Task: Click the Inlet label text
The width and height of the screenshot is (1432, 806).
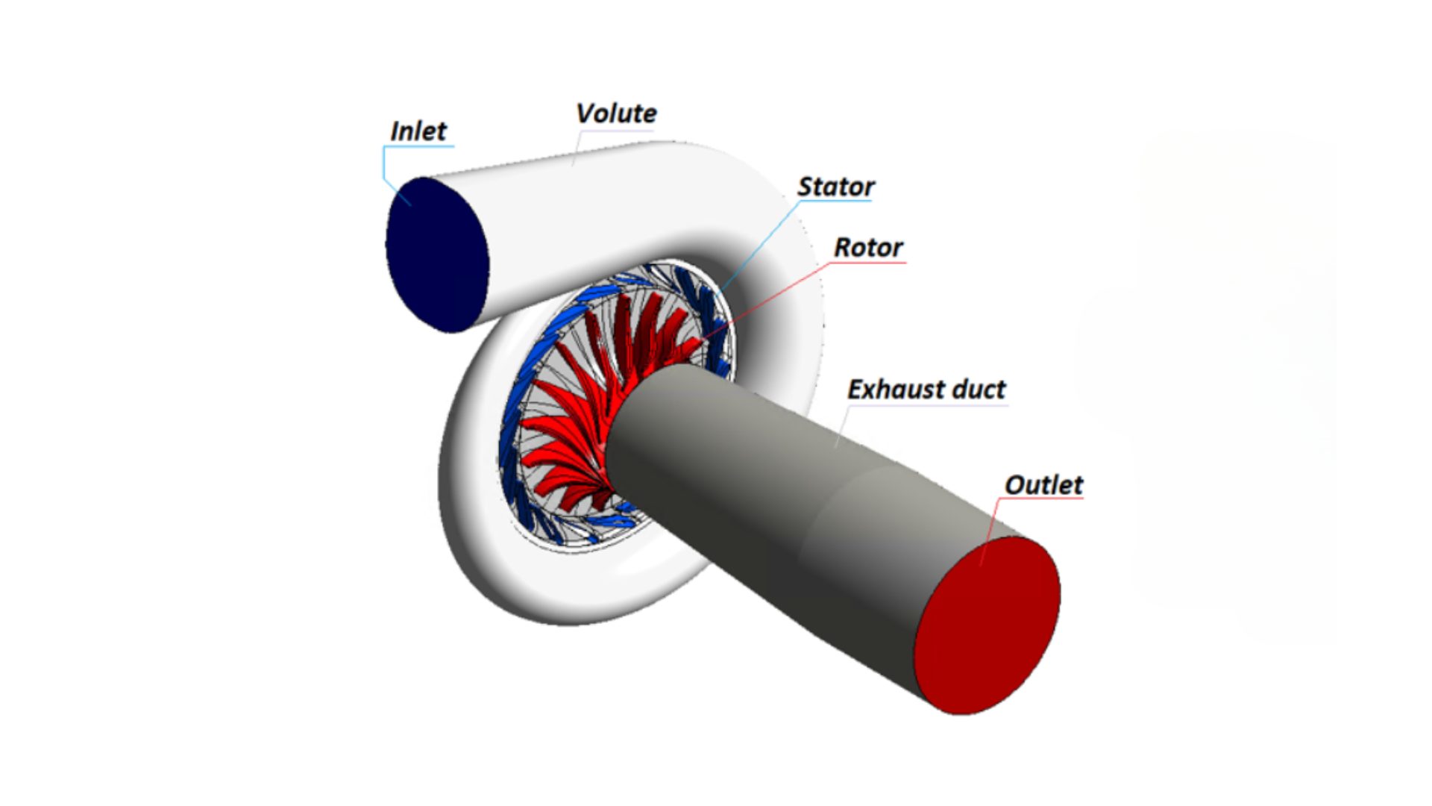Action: (418, 131)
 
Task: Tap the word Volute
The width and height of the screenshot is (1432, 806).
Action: (616, 113)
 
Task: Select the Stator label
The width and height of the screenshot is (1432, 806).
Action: (835, 187)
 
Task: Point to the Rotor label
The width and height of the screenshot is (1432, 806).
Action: (868, 247)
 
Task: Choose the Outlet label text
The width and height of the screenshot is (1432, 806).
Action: (1043, 485)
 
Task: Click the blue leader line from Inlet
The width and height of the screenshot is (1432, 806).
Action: (386, 168)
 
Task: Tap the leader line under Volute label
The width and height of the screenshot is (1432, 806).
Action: (577, 149)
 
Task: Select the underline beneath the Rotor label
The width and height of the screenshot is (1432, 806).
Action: (870, 263)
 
